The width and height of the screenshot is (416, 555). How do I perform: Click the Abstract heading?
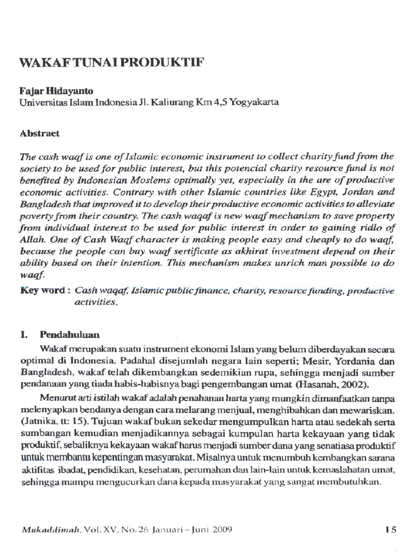coord(40,133)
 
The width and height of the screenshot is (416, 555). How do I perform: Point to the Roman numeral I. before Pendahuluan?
coord(24,334)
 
